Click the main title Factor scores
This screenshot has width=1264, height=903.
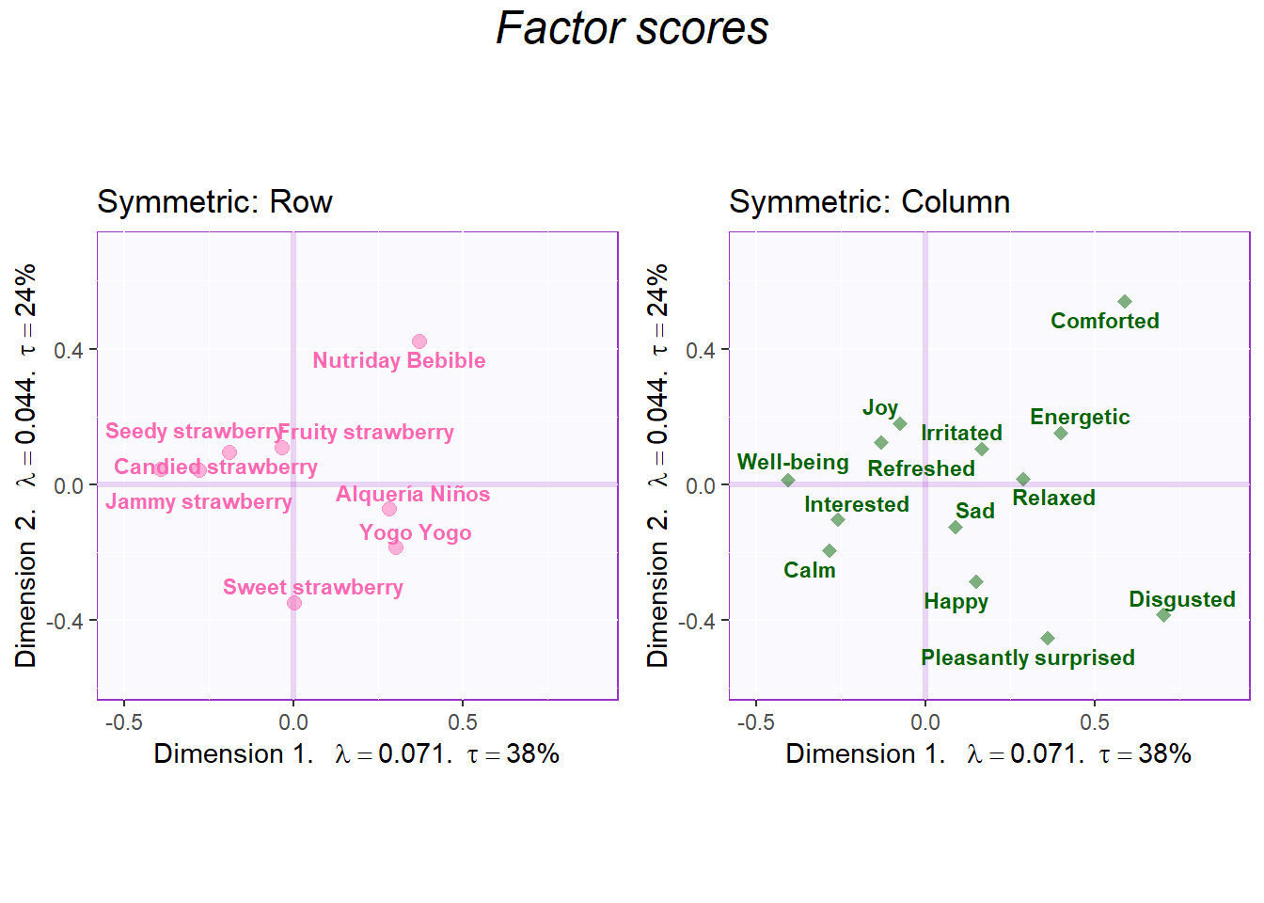tap(632, 28)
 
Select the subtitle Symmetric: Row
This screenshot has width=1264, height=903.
tap(214, 202)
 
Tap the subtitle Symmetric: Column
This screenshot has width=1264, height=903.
tap(869, 202)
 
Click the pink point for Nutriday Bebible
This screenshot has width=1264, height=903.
tap(419, 341)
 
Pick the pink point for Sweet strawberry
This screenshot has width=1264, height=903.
tap(294, 603)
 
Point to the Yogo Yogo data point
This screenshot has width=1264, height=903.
tap(396, 547)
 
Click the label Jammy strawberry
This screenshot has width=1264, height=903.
tap(198, 501)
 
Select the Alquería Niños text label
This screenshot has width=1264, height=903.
tap(413, 495)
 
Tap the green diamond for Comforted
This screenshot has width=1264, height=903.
tap(1125, 302)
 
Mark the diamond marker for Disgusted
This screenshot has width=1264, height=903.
tap(1163, 615)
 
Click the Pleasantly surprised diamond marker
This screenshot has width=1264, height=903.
tap(1048, 639)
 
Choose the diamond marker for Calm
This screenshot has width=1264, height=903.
tap(829, 551)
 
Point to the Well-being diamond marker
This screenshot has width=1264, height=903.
tap(788, 481)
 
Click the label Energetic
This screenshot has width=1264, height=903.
tap(1080, 417)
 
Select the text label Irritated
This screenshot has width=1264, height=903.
tap(961, 433)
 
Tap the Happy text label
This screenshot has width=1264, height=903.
tap(956, 602)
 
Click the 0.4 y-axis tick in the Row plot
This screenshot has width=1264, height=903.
tap(69, 351)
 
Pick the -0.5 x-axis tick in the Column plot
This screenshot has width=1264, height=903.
tap(755, 722)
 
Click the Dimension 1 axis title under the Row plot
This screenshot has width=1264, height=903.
tap(356, 753)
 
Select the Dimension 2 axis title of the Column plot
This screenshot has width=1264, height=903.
tap(657, 466)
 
